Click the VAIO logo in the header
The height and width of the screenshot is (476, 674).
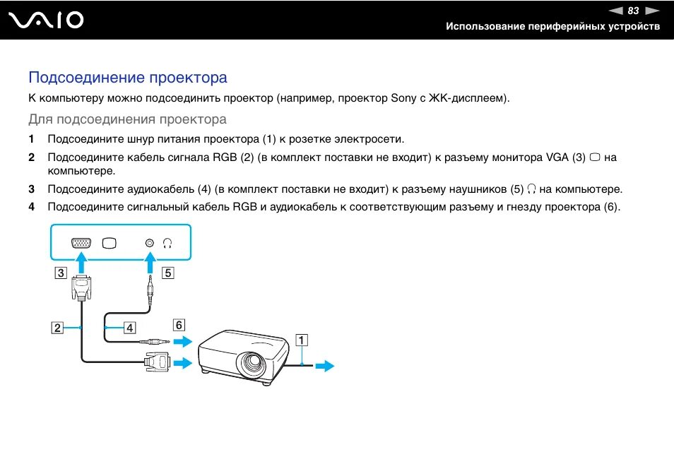point(47,20)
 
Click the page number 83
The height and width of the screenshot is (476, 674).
point(633,11)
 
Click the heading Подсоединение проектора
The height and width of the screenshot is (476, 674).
point(128,77)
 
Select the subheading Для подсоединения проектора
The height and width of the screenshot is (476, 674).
point(127,119)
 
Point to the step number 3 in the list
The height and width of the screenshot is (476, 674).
point(31,189)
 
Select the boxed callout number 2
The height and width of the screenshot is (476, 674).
point(56,328)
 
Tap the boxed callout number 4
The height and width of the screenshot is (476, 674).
point(129,328)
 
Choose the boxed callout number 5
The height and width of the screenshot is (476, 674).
point(167,273)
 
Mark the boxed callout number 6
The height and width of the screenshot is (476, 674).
point(179,325)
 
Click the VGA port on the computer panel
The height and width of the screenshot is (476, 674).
point(81,243)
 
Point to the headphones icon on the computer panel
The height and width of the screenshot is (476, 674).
point(167,243)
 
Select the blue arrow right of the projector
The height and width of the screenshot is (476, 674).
point(324,366)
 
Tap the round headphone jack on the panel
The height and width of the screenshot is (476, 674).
point(149,243)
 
